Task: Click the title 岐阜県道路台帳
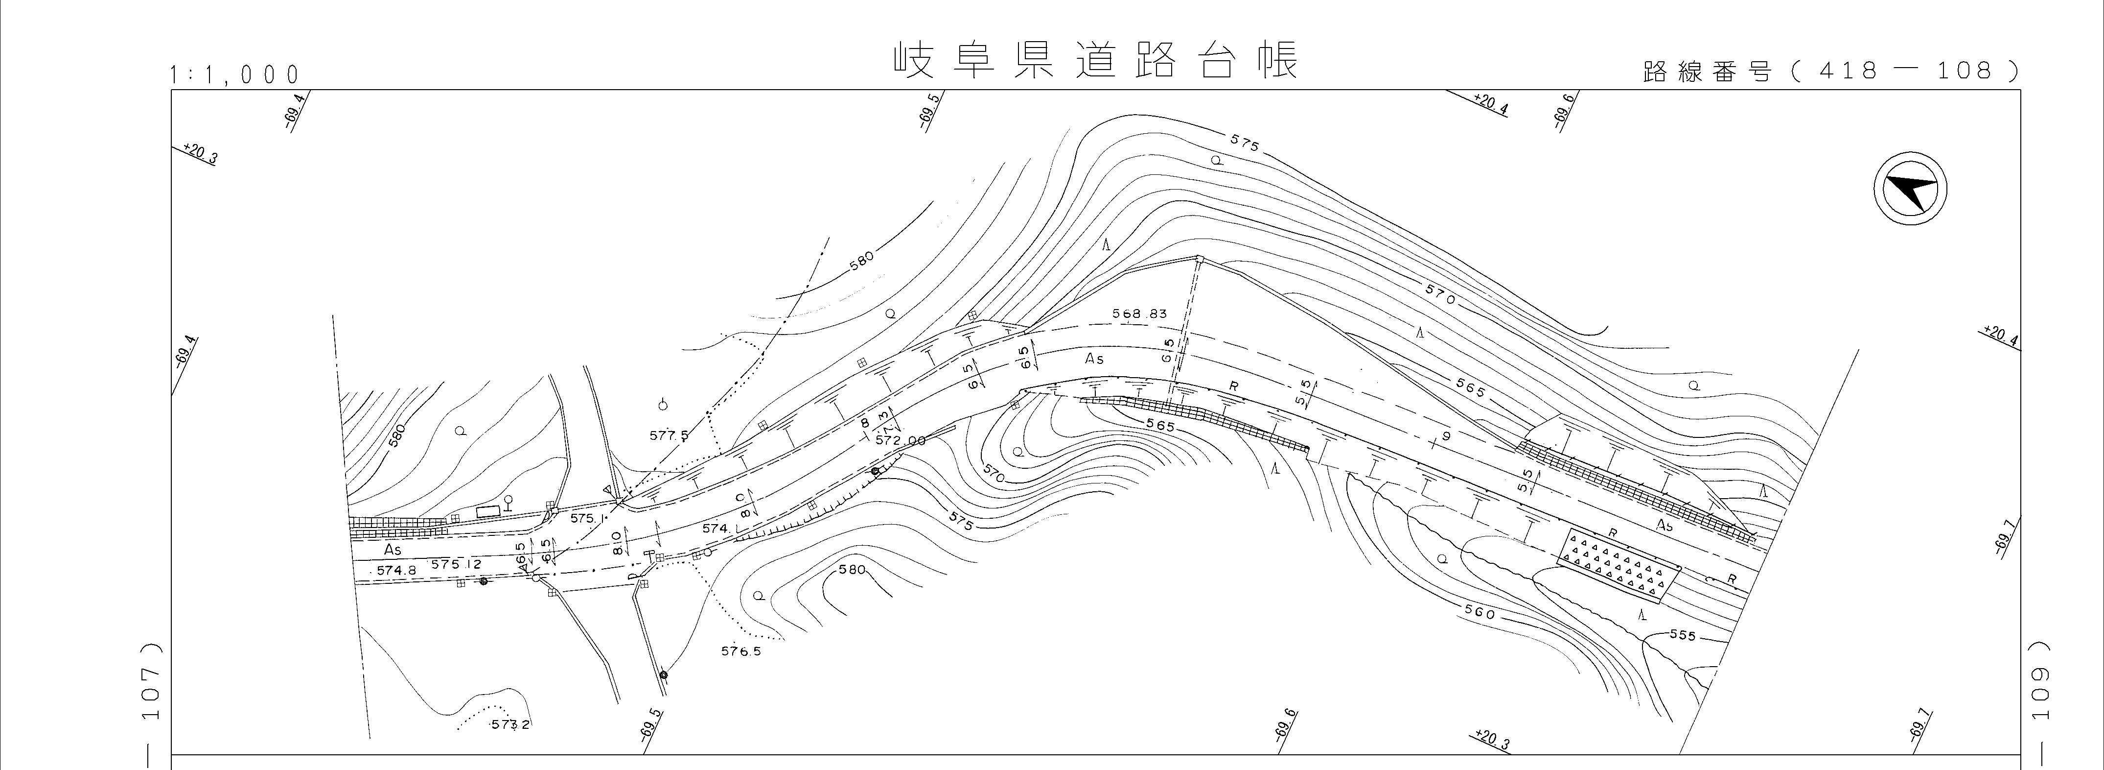click(1094, 61)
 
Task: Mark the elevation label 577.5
click(669, 435)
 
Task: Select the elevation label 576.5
click(741, 651)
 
